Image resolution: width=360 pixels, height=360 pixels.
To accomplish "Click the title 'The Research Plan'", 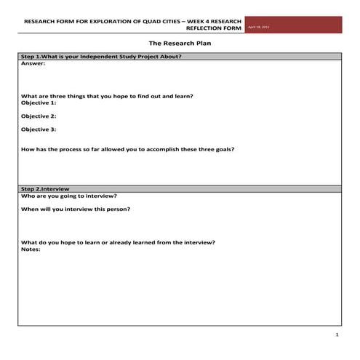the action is pos(180,44).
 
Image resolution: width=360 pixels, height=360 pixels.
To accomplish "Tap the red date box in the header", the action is pos(293,25).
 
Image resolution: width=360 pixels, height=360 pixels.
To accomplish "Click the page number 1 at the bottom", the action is pos(337,335).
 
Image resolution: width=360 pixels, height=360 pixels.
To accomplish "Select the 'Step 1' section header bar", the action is pos(180,56).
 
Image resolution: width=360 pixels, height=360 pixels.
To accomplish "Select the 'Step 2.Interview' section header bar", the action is pos(180,188).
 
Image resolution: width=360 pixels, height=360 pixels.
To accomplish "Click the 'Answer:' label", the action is pos(33,63).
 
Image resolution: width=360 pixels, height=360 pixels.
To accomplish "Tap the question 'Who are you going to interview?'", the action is pos(69,196).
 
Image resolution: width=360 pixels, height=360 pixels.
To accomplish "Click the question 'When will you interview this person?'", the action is pos(76,209).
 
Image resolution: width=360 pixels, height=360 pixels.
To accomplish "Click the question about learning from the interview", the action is pos(118,242).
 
